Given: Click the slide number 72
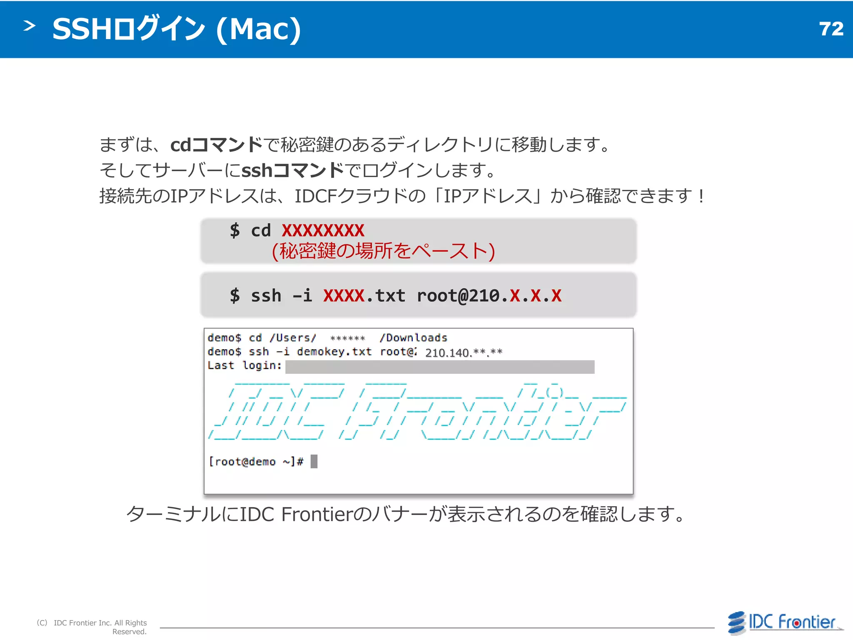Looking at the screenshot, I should pos(831,29).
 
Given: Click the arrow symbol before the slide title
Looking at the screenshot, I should pos(29,26).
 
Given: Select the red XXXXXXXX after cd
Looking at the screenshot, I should pos(323,231).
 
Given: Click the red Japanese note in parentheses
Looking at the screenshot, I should pos(383,251).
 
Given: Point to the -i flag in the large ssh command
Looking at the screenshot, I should pos(302,296).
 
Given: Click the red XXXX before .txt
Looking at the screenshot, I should pos(344,296).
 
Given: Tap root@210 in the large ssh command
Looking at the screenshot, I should pos(458,296).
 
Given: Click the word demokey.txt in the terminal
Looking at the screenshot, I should pos(334,352).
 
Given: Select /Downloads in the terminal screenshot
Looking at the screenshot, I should pos(413,338).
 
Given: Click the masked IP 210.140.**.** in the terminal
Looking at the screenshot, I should pos(464,352).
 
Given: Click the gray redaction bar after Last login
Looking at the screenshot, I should pos(440,367).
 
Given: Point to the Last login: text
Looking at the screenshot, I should pos(244,365).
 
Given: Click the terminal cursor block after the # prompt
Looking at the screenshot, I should pos(314,461).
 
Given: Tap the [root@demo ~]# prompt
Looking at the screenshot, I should pos(256,462).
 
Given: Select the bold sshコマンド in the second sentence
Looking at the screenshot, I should pos(293,170).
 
